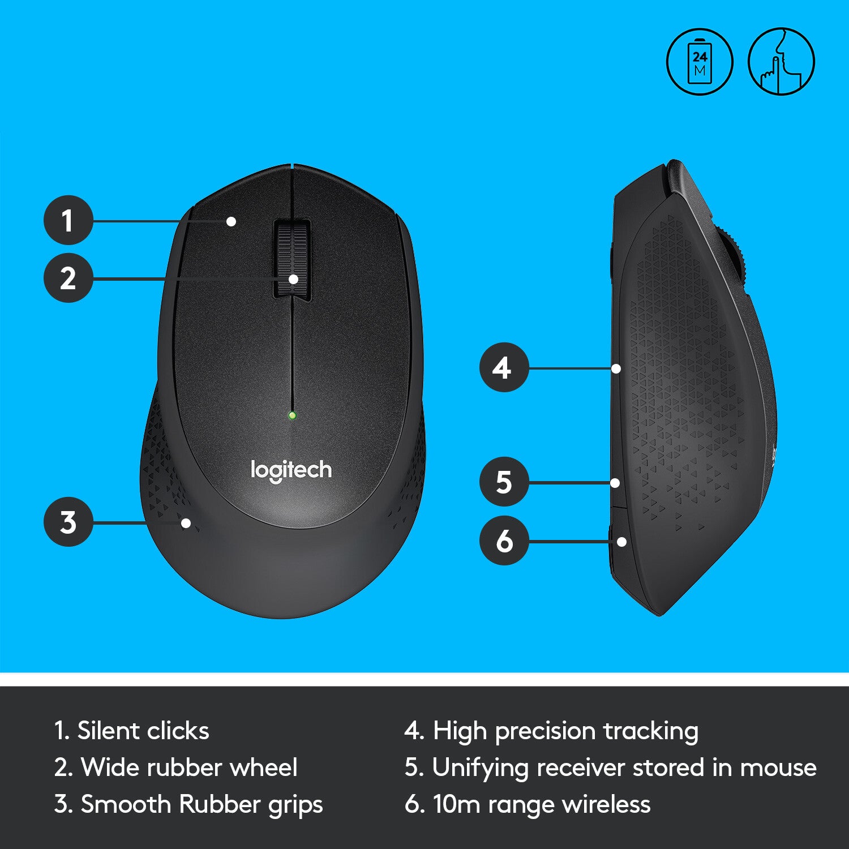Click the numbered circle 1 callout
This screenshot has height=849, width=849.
pos(68,220)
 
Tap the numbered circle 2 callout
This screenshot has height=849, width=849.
pos(68,278)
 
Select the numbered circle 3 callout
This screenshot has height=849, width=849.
pos(68,522)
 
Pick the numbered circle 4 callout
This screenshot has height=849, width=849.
pos(504,368)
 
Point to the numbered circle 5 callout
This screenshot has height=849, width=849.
pos(504,482)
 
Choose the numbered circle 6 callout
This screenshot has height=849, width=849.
pos(504,541)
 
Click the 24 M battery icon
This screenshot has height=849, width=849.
pos(700,61)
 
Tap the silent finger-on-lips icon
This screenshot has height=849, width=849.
pos(781,61)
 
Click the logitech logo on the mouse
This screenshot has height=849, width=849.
pos(291,470)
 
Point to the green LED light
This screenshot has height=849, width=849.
pos(292,415)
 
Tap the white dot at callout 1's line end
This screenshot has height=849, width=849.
pos(231,221)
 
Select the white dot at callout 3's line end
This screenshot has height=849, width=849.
pos(186,523)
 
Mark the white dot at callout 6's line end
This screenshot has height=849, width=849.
pos(621,542)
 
